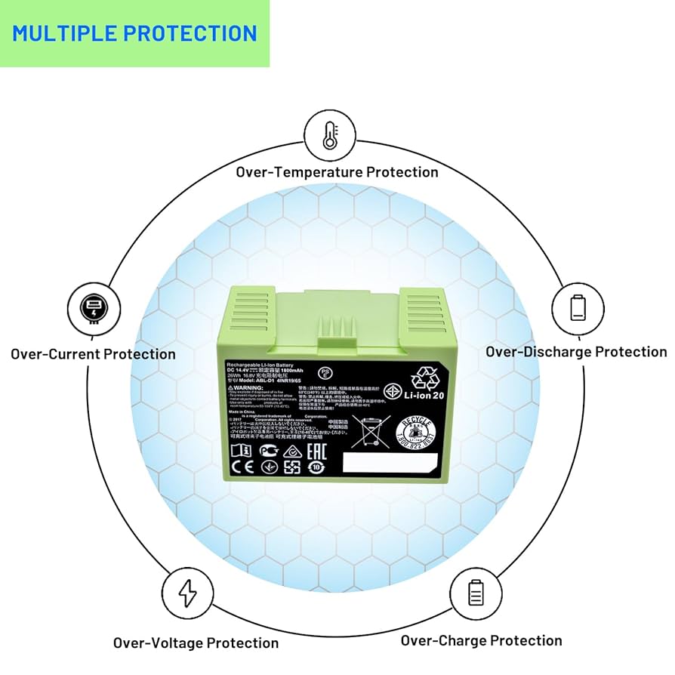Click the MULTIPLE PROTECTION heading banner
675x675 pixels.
[134, 34]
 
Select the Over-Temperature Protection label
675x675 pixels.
[337, 172]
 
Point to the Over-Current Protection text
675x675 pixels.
[93, 354]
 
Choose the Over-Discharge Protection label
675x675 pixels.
[575, 352]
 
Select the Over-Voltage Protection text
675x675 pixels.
[196, 643]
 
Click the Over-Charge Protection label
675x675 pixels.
[481, 641]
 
